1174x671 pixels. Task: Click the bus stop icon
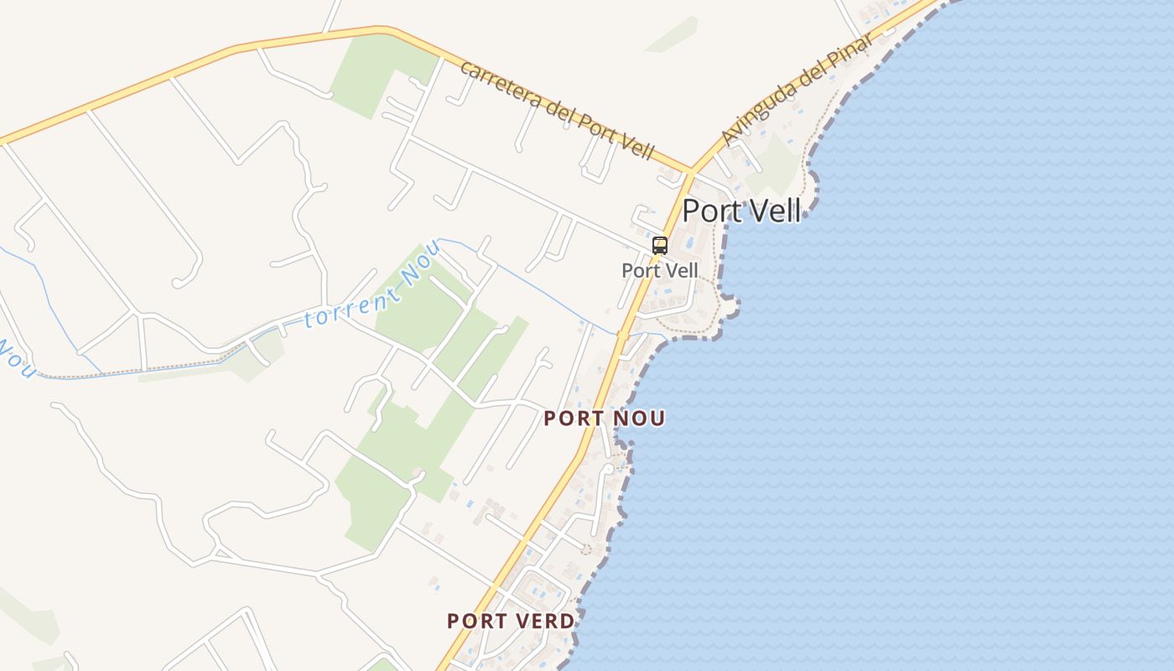pyautogui.click(x=660, y=246)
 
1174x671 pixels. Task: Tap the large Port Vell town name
pyautogui.click(x=741, y=211)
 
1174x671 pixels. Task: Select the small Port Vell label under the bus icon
pyautogui.click(x=660, y=270)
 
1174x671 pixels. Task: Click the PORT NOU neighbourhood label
pyautogui.click(x=604, y=418)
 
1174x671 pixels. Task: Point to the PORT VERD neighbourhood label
pyautogui.click(x=511, y=622)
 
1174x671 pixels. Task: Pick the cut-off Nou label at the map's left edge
pyautogui.click(x=17, y=359)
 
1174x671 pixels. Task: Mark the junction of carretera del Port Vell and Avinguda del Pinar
pyautogui.click(x=690, y=171)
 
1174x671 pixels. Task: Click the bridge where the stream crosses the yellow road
pyautogui.click(x=622, y=335)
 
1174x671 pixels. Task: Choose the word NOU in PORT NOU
pyautogui.click(x=643, y=418)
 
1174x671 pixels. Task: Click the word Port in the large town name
pyautogui.click(x=713, y=211)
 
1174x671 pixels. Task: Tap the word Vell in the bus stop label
pyautogui.click(x=680, y=270)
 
